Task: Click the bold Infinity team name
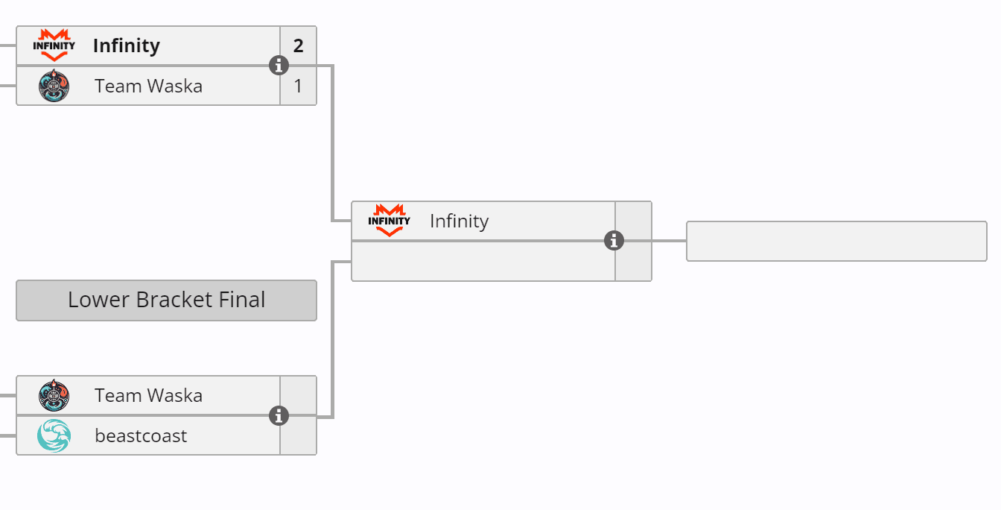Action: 127,46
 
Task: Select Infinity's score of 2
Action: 299,46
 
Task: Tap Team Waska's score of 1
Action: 299,86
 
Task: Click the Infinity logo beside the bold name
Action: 54,45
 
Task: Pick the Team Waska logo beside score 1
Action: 54,86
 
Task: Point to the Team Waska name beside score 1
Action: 148,86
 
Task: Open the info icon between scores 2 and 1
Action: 279,66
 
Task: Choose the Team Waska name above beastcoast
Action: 148,395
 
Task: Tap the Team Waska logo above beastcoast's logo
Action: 54,395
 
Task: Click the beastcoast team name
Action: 141,435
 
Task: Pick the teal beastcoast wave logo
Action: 54,435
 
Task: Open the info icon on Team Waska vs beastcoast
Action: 279,415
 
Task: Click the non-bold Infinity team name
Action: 459,221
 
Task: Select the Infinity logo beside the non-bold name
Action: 389,221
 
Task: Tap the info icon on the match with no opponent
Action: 614,241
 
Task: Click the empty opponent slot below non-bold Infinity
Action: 483,261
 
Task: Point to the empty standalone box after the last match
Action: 836,241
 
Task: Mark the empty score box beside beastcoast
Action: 299,435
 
